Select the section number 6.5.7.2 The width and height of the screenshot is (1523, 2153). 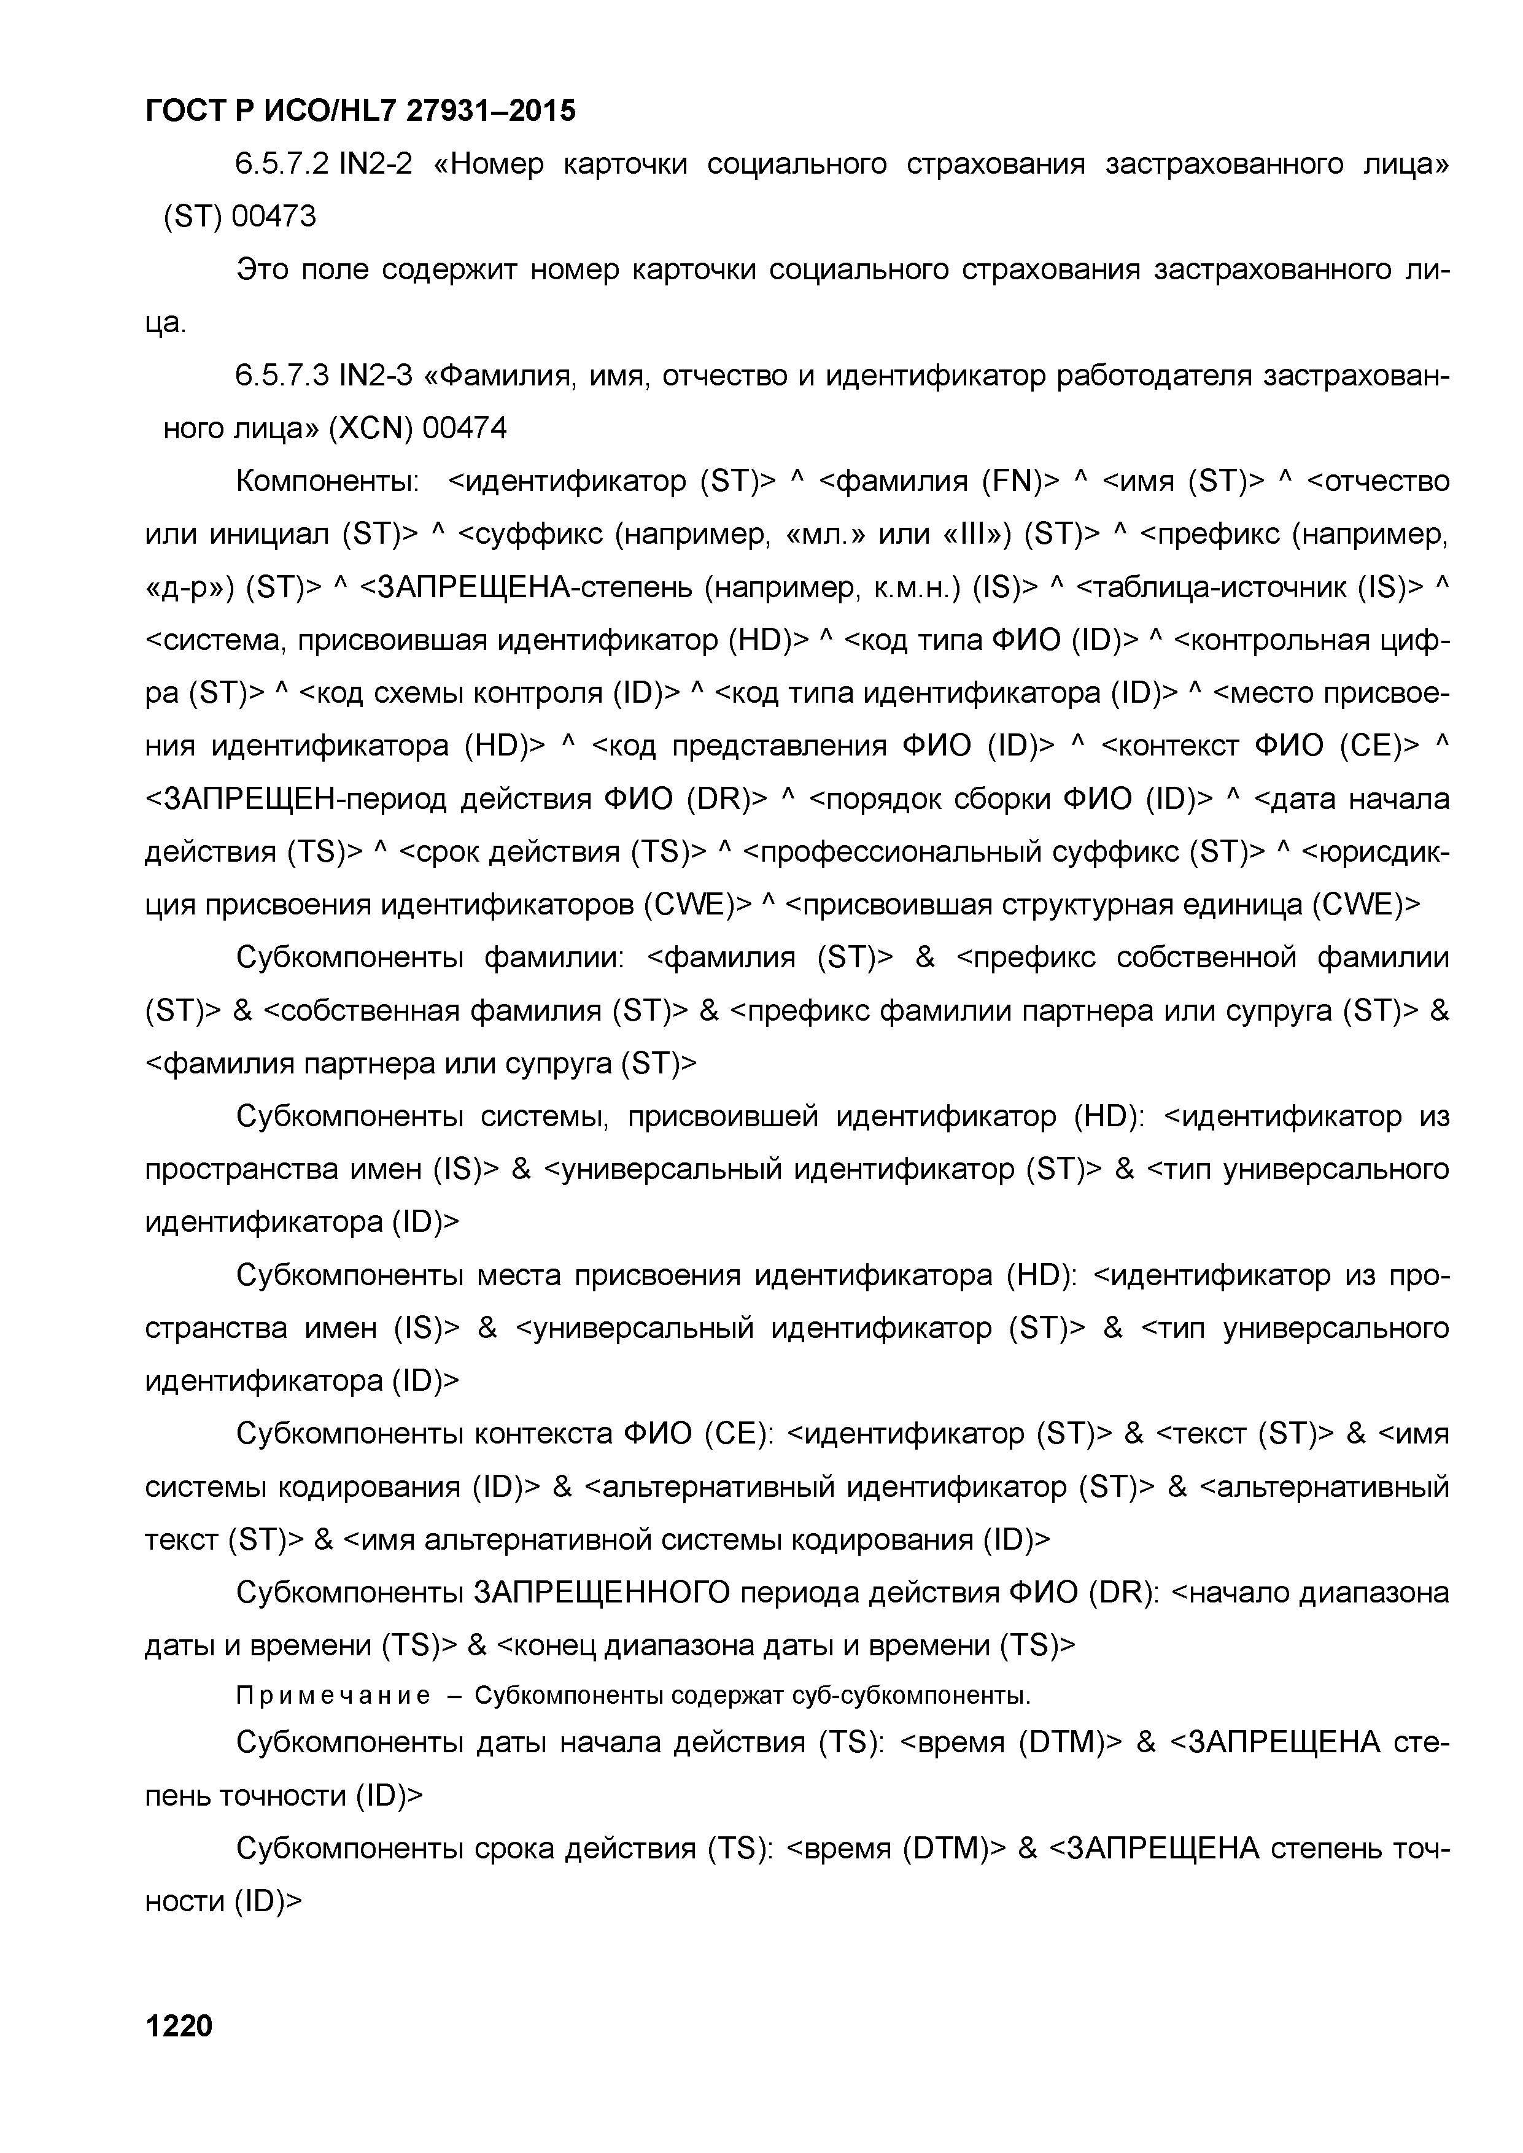[x=281, y=164]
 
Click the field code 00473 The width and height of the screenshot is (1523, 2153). [x=274, y=217]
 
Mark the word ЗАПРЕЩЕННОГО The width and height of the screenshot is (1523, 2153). [x=599, y=1593]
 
